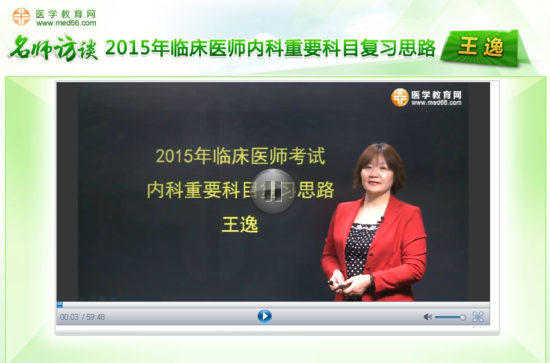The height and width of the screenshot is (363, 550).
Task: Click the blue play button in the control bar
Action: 264,316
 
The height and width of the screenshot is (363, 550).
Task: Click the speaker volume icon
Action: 427,317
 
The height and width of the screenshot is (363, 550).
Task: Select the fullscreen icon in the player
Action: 478,317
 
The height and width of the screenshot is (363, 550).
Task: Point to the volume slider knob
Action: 463,317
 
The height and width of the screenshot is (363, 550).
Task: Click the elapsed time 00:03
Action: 69,317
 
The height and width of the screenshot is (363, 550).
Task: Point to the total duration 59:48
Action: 95,317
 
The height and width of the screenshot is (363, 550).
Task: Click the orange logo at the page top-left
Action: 21,17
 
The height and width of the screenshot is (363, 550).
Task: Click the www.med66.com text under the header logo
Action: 66,23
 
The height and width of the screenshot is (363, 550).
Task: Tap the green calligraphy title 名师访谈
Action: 53,49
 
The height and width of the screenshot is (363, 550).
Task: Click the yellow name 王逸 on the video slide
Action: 240,224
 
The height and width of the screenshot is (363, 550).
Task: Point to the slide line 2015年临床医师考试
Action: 240,156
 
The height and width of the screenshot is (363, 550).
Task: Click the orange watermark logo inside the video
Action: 399,97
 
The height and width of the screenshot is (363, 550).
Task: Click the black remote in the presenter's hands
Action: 333,283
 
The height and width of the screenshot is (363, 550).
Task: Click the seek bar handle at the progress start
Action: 60,304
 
